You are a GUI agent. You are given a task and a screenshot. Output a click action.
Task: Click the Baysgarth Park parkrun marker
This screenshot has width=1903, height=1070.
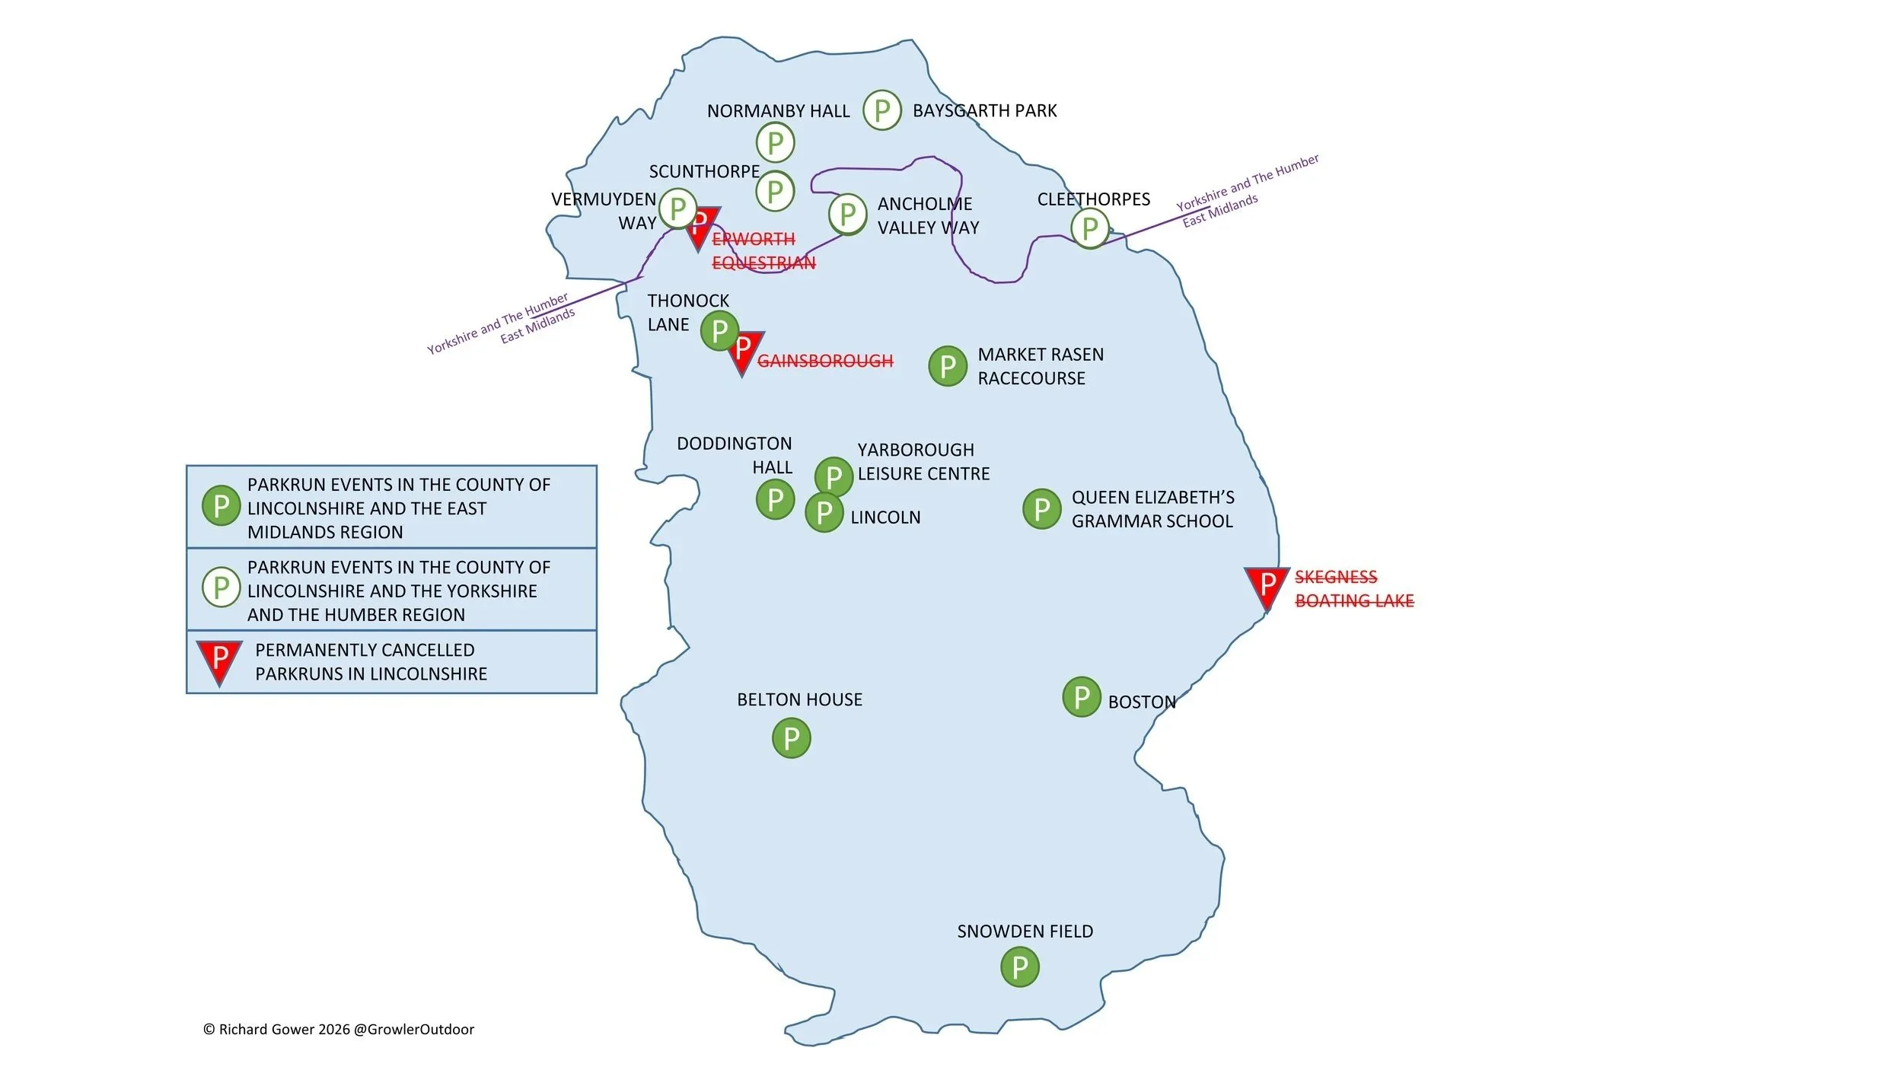click(881, 110)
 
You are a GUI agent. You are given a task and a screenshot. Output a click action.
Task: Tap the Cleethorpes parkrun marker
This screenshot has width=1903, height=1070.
click(1089, 228)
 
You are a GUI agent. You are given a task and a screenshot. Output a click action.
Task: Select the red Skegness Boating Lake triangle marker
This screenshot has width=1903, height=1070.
click(1267, 588)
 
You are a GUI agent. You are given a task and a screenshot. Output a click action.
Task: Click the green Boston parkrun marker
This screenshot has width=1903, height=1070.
click(1082, 696)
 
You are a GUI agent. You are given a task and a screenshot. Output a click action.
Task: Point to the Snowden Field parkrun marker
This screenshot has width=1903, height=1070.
click(1020, 967)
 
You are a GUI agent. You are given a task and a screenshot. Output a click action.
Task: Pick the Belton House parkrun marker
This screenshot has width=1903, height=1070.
click(792, 738)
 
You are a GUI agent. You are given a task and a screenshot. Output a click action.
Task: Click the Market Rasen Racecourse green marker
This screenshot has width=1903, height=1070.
click(948, 366)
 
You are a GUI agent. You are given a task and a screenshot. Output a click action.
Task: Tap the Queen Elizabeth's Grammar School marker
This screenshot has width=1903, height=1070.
click(1041, 509)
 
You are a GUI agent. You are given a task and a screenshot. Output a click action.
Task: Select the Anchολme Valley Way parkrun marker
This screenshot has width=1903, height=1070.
click(847, 214)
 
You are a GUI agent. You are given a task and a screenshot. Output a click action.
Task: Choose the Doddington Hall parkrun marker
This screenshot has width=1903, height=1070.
click(775, 500)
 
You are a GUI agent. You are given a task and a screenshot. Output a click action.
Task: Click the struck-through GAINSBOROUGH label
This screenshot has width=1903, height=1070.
click(825, 361)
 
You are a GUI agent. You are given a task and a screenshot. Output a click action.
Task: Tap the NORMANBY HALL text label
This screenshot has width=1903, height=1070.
click(778, 111)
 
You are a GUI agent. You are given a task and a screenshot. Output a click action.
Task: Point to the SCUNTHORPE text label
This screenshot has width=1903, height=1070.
click(704, 171)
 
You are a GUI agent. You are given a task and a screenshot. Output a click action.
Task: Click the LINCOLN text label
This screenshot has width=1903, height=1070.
click(885, 517)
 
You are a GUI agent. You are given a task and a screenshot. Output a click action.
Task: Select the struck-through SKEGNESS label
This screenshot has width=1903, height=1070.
click(1336, 577)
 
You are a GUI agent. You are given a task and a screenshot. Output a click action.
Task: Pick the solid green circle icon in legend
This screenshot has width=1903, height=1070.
click(221, 505)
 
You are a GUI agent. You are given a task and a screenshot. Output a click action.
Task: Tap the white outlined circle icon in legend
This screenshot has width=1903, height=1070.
click(221, 587)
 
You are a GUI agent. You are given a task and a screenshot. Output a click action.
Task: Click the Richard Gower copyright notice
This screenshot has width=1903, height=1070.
click(339, 1030)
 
